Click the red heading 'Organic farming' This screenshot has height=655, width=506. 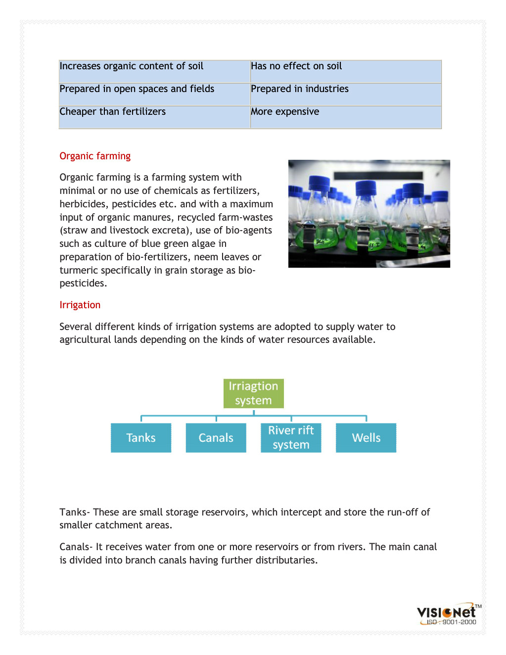pos(95,156)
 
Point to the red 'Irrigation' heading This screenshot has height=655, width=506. pos(80,305)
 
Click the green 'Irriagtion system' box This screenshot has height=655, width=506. pos(253,393)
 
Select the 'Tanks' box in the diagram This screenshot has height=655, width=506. pos(141,438)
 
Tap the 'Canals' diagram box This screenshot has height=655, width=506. pos(216,438)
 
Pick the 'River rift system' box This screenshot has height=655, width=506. pos(291,438)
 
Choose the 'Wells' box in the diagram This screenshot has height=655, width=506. pos(366,438)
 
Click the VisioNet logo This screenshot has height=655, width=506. pos(447,612)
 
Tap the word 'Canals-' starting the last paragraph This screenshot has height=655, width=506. pos(76,547)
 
